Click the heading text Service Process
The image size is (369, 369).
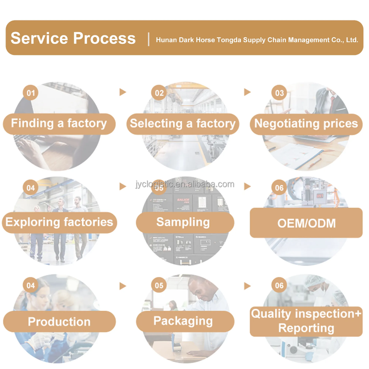click(x=73, y=38)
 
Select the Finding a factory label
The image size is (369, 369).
click(x=59, y=123)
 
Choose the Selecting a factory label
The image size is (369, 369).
click(x=183, y=123)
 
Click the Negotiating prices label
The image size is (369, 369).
click(x=306, y=123)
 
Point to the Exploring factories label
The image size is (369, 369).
click(x=59, y=222)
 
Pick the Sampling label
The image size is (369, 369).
click(x=183, y=222)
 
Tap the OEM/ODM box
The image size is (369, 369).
click(x=306, y=223)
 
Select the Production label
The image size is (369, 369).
click(x=59, y=321)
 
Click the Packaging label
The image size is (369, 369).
click(x=183, y=321)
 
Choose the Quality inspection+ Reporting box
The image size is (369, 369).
click(x=306, y=321)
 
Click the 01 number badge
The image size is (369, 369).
click(x=31, y=93)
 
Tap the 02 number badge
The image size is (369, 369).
click(x=159, y=93)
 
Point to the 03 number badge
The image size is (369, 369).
click(x=279, y=93)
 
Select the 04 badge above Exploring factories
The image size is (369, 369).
click(x=31, y=188)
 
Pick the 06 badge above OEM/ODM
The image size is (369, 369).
click(x=279, y=188)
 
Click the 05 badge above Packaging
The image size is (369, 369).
click(x=159, y=286)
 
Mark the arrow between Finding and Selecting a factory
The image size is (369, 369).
click(x=123, y=92)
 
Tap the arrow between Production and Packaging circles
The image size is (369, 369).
click(x=123, y=286)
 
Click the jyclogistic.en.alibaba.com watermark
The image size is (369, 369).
click(x=184, y=184)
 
